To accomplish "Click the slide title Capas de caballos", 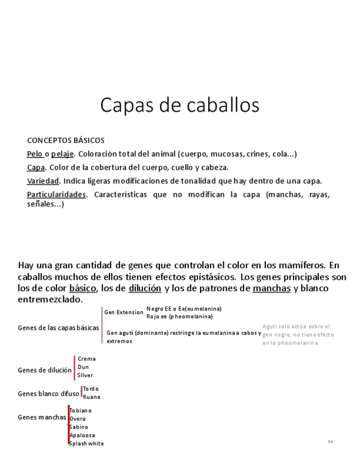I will click(180, 105).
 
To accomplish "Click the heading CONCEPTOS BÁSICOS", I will click(65, 140).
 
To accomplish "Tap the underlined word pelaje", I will click(62, 154).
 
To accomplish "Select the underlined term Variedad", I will click(43, 181).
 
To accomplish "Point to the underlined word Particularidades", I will click(57, 195).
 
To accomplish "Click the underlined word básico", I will click(83, 288).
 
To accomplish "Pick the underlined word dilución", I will click(145, 288).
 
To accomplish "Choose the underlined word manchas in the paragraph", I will click(272, 288).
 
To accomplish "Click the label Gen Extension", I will click(124, 312).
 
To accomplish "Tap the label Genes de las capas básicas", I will click(58, 328).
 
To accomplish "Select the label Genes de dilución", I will click(45, 370).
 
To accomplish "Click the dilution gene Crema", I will click(87, 359).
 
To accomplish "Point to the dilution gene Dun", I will click(84, 367).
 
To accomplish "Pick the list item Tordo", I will click(91, 389).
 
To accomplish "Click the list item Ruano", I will click(92, 397).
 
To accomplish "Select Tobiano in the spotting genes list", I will click(81, 410).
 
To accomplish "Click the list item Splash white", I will click(87, 443).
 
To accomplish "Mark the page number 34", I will click(330, 442).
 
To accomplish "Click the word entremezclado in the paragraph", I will click(50, 299).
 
